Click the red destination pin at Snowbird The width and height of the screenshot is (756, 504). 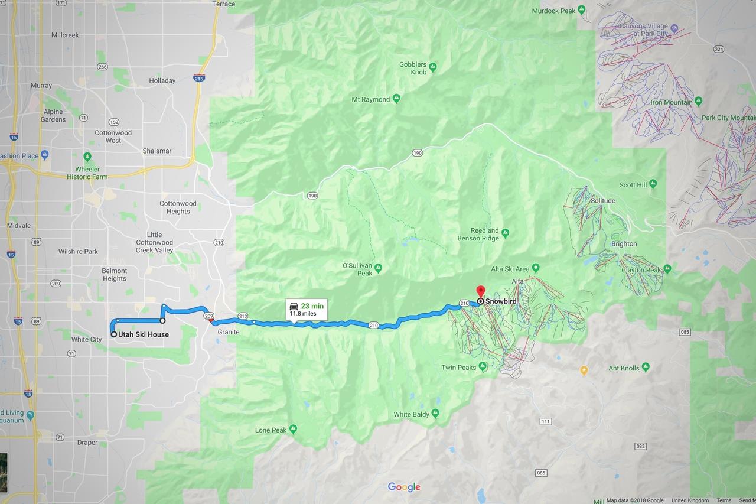pyautogui.click(x=480, y=291)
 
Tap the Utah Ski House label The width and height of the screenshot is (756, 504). pyautogui.click(x=144, y=334)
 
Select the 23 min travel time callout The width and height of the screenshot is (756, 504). pyautogui.click(x=307, y=308)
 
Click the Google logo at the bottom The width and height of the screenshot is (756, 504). pyautogui.click(x=404, y=487)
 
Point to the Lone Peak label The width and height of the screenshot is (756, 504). pyautogui.click(x=271, y=430)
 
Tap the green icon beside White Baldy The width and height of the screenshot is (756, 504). pyautogui.click(x=435, y=413)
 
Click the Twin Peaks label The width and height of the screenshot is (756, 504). pyautogui.click(x=458, y=368)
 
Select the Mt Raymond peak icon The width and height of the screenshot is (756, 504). pyautogui.click(x=396, y=99)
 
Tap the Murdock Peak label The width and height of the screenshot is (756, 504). pyautogui.click(x=553, y=11)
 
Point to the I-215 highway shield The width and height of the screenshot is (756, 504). pyautogui.click(x=198, y=78)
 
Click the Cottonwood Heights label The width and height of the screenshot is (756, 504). pyautogui.click(x=178, y=207)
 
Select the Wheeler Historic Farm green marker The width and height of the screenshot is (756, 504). pyautogui.click(x=87, y=157)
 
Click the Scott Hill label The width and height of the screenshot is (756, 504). pyautogui.click(x=633, y=185)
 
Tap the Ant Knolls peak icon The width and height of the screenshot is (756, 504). pyautogui.click(x=645, y=368)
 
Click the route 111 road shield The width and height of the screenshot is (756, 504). pyautogui.click(x=546, y=421)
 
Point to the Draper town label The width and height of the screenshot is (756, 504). pyautogui.click(x=87, y=443)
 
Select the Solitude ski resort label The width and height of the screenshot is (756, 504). pyautogui.click(x=602, y=201)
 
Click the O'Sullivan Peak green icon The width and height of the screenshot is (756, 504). pyautogui.click(x=378, y=268)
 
